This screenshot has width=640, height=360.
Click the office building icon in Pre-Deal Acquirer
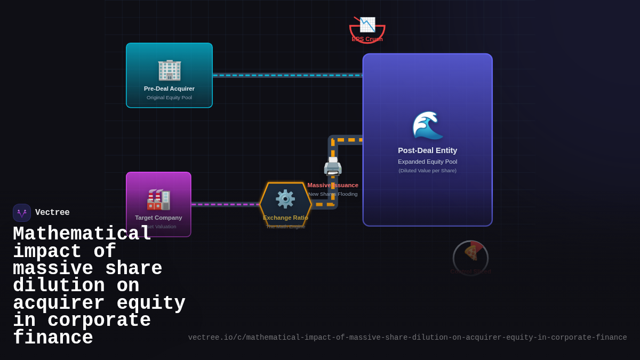169,70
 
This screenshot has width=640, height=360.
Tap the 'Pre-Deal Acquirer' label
169,89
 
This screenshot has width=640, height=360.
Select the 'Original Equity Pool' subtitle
169,98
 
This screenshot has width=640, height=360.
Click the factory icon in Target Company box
158,199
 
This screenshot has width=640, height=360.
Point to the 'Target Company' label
158,218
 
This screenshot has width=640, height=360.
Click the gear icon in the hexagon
285,199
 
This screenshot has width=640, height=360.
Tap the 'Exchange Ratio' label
285,218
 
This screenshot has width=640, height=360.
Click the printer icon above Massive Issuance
333,166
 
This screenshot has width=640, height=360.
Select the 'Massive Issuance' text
333,185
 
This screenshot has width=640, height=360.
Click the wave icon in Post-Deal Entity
427,125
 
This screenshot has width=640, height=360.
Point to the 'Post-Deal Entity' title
427,150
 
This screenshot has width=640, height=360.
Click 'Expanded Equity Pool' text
427,162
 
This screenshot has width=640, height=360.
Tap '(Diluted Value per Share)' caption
427,171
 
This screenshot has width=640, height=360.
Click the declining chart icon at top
367,25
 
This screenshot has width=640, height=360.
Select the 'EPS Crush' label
367,39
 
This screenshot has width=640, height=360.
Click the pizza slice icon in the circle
471,252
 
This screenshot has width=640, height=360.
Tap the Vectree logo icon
22,213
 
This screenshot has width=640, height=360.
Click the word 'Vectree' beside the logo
52,213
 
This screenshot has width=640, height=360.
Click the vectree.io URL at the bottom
407,338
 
